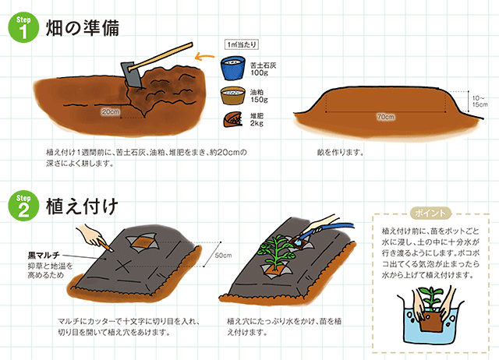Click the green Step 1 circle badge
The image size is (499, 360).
pos(23,28)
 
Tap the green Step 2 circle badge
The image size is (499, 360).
pos(23,206)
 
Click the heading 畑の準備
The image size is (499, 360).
pos(83,28)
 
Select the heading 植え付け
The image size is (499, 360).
pos(82,206)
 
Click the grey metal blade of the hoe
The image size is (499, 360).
pos(131,75)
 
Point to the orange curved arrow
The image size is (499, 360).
pos(203,57)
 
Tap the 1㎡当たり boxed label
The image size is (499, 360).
pos(242,44)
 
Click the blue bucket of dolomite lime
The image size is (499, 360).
pos(232,68)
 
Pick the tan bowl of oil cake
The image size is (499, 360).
pos(233,95)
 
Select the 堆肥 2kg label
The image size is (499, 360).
pos(257,119)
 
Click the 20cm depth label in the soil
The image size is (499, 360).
pos(111,111)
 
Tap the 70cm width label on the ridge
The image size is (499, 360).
pos(386,117)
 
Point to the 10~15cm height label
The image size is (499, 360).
pos(480,101)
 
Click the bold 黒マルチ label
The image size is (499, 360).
pos(44,255)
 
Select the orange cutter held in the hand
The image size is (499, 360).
pos(107,245)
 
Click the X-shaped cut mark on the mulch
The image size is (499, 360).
pos(122,266)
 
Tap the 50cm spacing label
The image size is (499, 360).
pos(224,255)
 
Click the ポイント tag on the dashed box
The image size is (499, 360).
pos(430,213)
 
